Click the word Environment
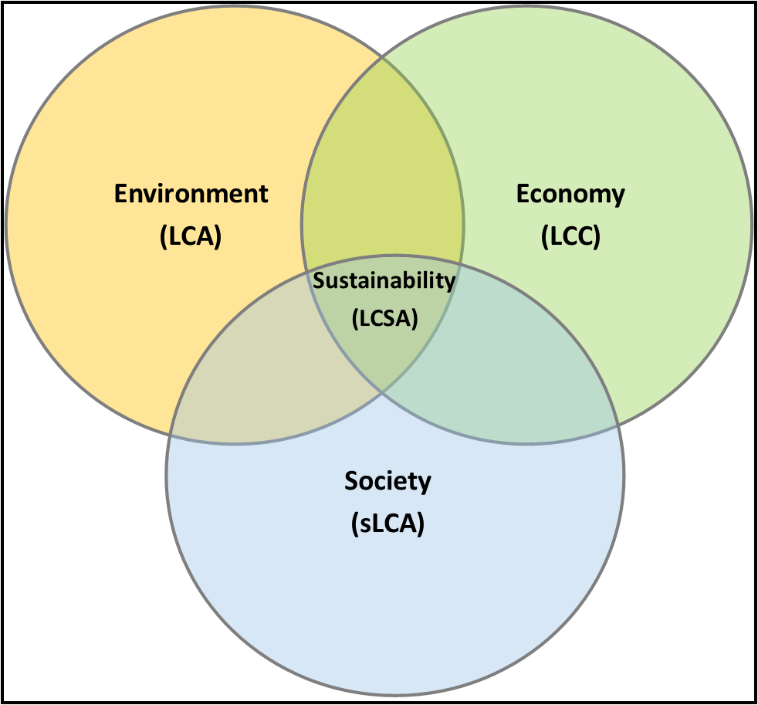point(191,193)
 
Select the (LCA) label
point(191,236)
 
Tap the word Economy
point(570,195)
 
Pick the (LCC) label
point(570,236)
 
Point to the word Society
point(387,482)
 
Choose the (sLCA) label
point(387,524)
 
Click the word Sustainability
point(384,281)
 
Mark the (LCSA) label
point(385,319)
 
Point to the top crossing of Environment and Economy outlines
point(382,58)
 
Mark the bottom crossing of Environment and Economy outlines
point(382,392)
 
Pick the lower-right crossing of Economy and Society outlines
point(618,425)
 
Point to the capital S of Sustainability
point(319,280)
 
